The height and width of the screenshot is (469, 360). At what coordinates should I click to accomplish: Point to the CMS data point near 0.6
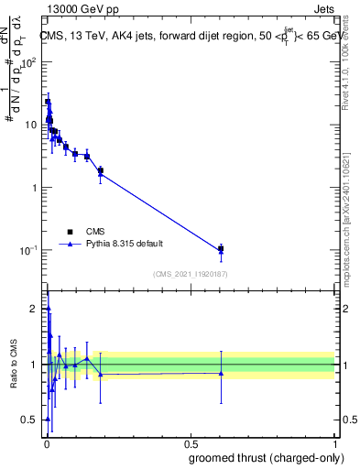click(x=221, y=248)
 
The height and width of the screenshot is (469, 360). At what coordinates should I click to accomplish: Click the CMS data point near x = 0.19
click(x=101, y=170)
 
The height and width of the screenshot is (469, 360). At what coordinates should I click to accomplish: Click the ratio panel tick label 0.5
click(x=32, y=420)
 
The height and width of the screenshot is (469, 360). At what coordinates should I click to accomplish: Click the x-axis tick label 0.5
click(x=190, y=443)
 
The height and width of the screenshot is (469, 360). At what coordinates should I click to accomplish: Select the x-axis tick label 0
click(x=47, y=443)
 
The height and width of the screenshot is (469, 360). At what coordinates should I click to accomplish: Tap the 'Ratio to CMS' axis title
click(x=13, y=365)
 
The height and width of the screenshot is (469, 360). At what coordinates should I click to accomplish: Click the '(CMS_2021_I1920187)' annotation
click(x=190, y=272)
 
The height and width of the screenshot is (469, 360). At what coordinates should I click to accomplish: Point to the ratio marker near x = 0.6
click(x=221, y=373)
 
